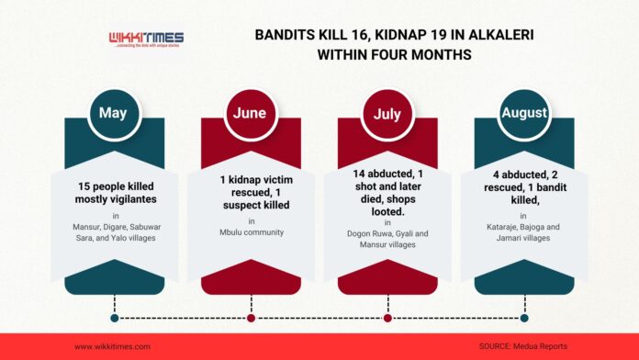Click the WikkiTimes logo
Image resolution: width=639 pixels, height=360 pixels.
point(146,40)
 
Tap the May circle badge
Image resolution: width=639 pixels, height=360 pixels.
point(114,114)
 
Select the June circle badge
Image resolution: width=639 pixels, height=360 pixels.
point(251,114)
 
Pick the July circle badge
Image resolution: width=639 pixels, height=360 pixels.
point(387,114)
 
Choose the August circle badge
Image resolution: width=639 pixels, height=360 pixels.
point(524,114)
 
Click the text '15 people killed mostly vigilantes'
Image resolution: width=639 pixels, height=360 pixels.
point(116,193)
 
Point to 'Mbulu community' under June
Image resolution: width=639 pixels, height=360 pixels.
point(252,232)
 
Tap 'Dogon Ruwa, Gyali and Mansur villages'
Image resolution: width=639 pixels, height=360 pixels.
point(387,239)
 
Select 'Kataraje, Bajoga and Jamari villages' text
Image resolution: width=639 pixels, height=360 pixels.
point(523,232)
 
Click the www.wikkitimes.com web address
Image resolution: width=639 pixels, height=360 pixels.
point(113,347)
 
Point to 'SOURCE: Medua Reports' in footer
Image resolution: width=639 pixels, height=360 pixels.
point(522,346)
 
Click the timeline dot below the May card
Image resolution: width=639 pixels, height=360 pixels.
point(115,318)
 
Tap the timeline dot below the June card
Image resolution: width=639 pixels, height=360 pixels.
point(251,318)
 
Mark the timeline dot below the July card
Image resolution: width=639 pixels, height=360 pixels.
point(387,318)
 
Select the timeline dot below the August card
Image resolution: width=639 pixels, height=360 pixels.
point(524,318)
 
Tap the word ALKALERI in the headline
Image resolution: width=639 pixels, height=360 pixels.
point(501,35)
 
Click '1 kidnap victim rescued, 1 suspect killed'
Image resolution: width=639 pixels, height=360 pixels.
point(256,193)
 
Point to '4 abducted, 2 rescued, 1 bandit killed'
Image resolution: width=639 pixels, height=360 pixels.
point(525,187)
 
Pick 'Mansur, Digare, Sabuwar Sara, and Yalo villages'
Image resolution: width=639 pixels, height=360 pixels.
point(117,232)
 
